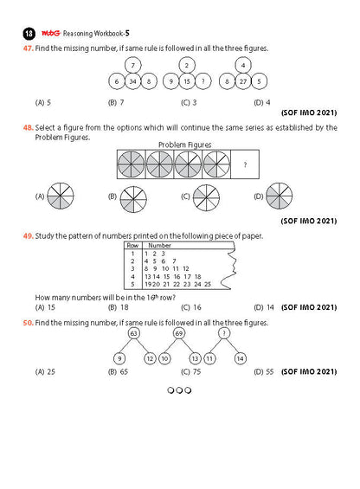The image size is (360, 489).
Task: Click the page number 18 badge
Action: coord(29,34)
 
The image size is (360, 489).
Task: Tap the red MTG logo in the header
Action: coord(50,33)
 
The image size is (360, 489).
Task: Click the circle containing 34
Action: coord(133,81)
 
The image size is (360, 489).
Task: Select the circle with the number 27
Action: coord(243,81)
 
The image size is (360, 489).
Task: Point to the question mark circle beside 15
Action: coord(203,81)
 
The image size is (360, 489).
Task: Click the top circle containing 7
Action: coord(133,65)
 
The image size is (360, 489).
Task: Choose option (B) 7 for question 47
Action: coord(116,103)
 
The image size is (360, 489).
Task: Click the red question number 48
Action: coord(28,127)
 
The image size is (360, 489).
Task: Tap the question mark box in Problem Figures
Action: coord(245,164)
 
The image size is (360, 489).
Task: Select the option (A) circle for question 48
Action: coord(61,196)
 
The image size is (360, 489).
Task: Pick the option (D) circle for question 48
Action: coord(280,196)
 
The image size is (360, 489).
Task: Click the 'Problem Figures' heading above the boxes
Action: coord(184,145)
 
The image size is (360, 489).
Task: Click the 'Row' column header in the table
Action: coord(132,246)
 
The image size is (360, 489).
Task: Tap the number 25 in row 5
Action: coord(208,284)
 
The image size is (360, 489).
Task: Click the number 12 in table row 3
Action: coord(186,268)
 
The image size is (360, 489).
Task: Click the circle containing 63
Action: coord(134,333)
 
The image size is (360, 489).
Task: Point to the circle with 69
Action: coord(179,333)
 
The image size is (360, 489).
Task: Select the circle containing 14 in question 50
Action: coord(241,358)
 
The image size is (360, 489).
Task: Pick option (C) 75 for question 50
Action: coord(191,372)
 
